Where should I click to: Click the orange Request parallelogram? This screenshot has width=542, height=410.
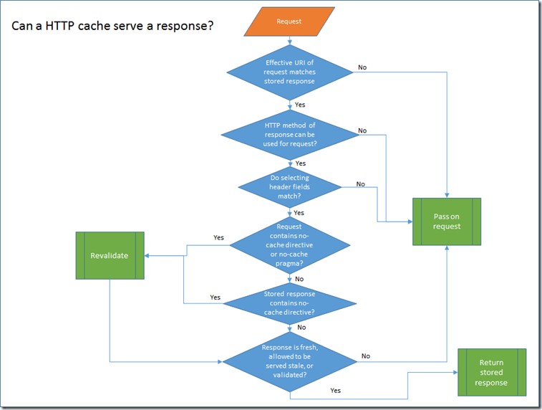[x=289, y=22]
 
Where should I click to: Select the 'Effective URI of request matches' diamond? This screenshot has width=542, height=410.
[x=289, y=72]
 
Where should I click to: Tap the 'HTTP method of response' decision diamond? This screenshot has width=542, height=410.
[x=289, y=134]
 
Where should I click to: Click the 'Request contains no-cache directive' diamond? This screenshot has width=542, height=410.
[x=289, y=244]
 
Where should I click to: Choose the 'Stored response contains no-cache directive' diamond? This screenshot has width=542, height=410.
[x=289, y=302]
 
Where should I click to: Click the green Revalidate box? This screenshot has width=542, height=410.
[x=110, y=255]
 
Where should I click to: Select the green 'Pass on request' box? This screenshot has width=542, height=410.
[x=447, y=221]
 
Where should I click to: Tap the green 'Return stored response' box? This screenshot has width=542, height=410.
[x=492, y=372]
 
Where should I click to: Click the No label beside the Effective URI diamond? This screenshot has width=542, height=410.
[x=362, y=67]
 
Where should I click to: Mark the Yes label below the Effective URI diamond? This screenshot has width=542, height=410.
[x=301, y=105]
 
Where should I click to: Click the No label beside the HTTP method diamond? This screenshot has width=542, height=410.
[x=362, y=130]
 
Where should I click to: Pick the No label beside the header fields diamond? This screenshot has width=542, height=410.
[x=360, y=184]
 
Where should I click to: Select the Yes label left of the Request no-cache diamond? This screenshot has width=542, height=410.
[x=218, y=237]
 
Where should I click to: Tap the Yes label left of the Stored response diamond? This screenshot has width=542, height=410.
[x=215, y=297]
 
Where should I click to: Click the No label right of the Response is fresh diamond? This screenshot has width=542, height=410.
[x=366, y=356]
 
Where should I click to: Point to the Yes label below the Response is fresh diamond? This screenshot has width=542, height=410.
[x=336, y=391]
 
